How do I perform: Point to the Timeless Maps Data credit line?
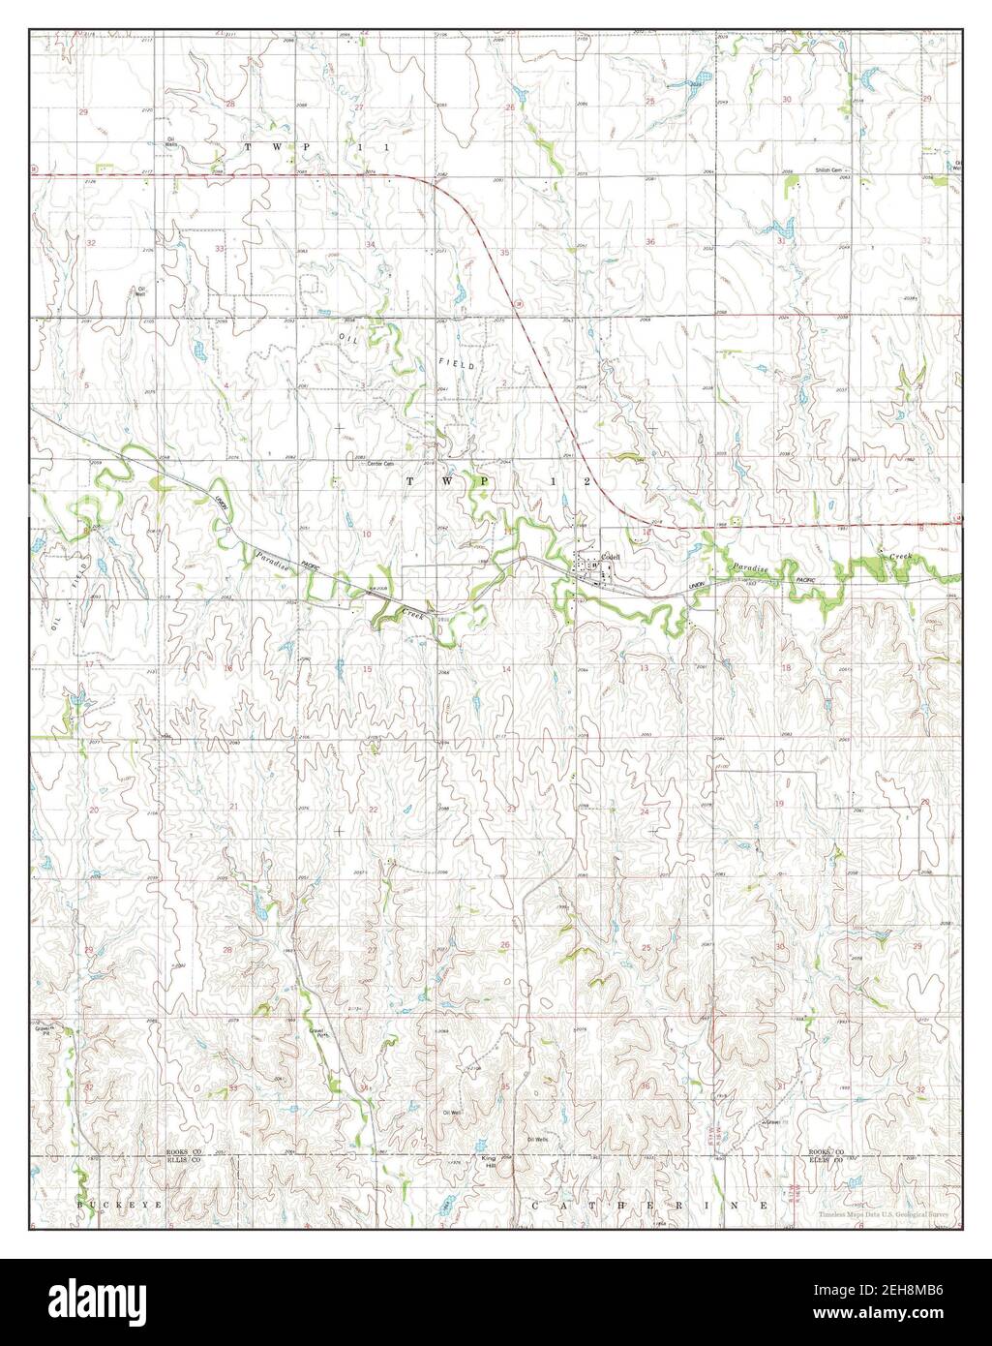coord(882,1214)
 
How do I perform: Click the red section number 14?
coord(505,669)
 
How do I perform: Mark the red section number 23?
coord(511,807)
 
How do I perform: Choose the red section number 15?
coord(367,669)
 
